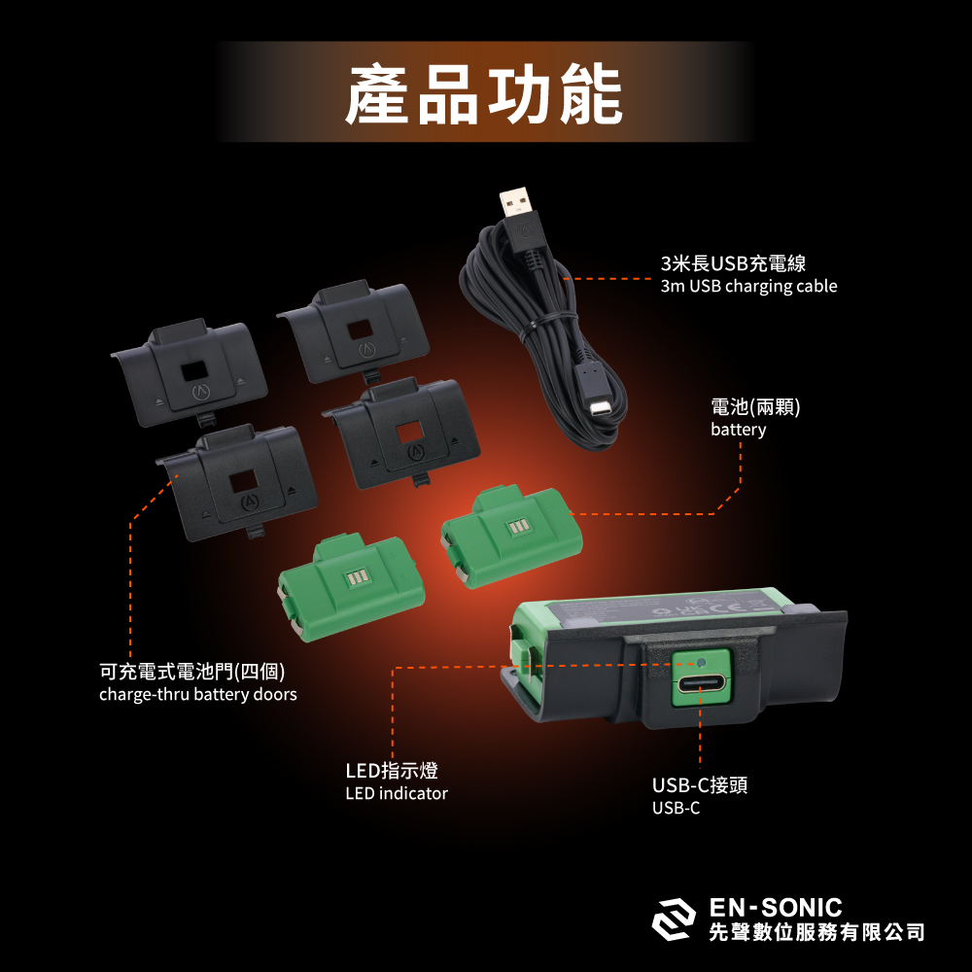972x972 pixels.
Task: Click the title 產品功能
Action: click(x=484, y=95)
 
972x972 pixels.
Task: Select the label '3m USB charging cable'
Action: click(x=747, y=287)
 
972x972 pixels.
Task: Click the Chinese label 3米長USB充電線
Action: click(x=733, y=263)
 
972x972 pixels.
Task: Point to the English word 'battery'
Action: click(x=738, y=430)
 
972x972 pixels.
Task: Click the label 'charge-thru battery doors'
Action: click(x=197, y=695)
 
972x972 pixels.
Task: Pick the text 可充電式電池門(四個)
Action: click(x=192, y=672)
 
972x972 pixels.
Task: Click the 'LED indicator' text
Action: click(x=397, y=794)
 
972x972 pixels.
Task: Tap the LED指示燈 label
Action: click(x=392, y=771)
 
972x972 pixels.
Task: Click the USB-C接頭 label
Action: click(x=699, y=785)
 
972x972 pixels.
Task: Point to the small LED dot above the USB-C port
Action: click(x=702, y=664)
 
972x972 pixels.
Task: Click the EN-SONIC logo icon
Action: click(x=674, y=920)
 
